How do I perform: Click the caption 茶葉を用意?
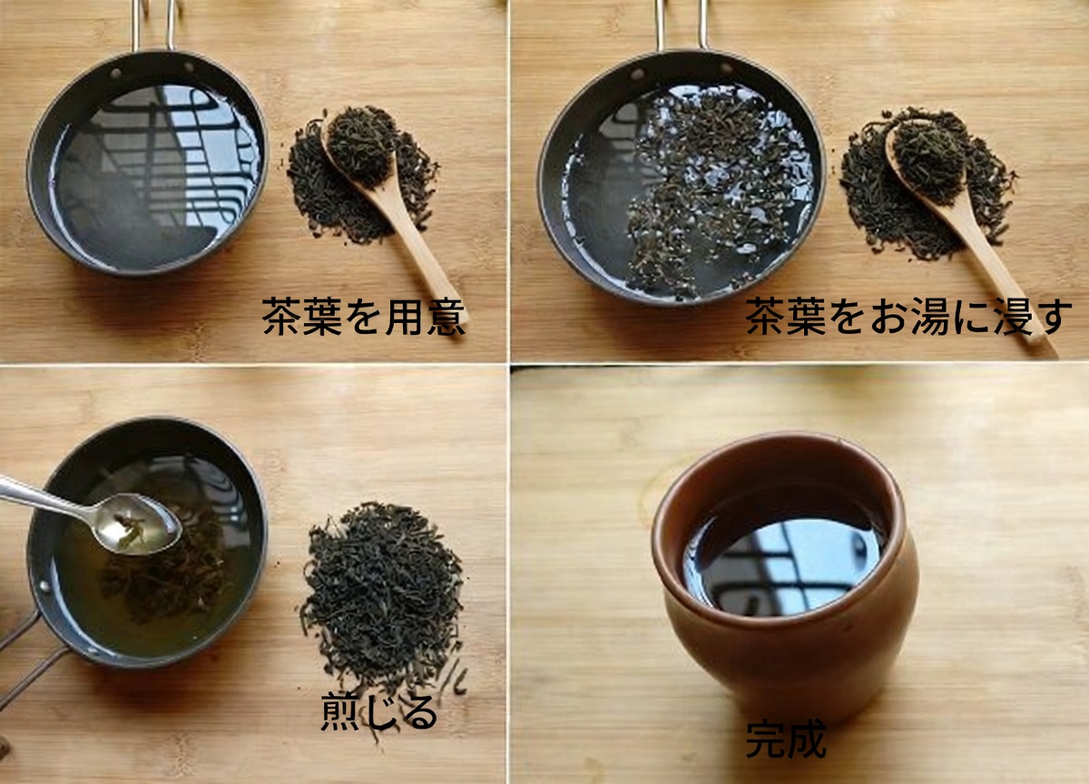363,318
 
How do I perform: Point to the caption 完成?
785,740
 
